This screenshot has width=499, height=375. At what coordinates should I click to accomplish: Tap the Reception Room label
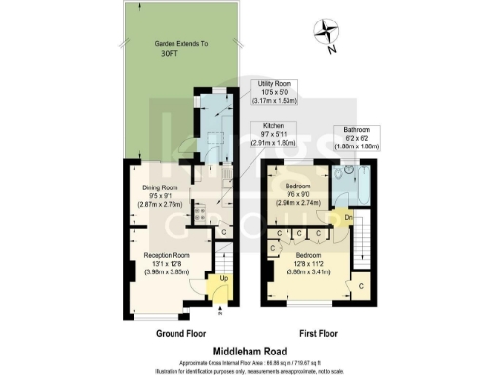coord(160,264)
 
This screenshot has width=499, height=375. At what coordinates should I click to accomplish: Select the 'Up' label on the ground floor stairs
coord(223,280)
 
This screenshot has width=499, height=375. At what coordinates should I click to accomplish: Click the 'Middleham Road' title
coord(249,348)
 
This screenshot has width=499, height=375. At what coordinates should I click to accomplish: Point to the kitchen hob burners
coord(198,211)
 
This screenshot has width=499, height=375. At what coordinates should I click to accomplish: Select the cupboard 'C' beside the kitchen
coord(224,232)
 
